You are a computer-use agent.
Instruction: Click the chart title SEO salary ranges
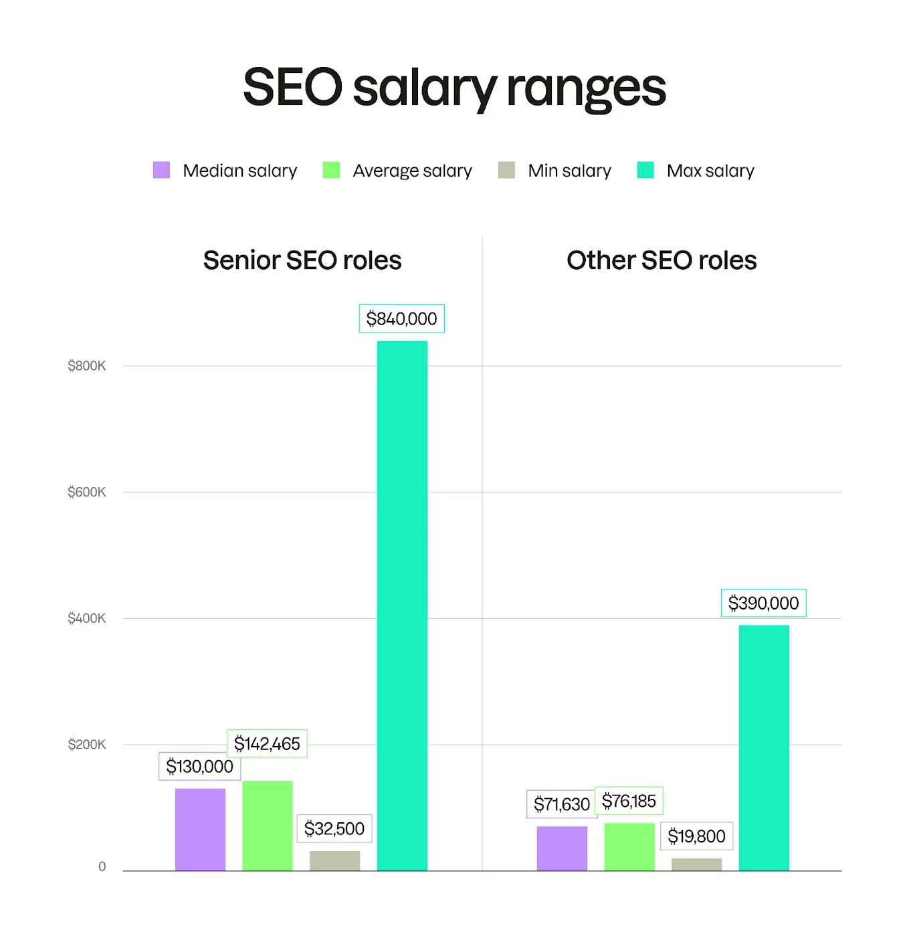[x=454, y=88]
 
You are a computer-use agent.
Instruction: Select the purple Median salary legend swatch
[x=161, y=170]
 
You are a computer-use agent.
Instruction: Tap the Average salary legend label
[x=412, y=171]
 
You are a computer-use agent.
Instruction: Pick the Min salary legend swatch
[x=506, y=170]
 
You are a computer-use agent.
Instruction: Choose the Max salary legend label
[x=710, y=171]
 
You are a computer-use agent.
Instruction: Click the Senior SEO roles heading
[x=302, y=260]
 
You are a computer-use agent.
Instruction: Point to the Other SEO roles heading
[x=662, y=260]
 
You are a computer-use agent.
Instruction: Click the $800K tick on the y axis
[x=87, y=366]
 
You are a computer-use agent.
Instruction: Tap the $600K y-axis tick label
[x=87, y=492]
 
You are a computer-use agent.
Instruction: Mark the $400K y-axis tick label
[x=87, y=618]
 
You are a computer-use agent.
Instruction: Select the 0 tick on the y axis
[x=102, y=867]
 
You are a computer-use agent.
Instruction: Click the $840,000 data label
[x=401, y=318]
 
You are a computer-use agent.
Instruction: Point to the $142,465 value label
[x=267, y=743]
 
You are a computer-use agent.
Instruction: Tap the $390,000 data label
[x=763, y=603]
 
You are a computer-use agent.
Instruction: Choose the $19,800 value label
[x=696, y=836]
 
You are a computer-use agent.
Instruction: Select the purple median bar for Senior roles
[x=200, y=830]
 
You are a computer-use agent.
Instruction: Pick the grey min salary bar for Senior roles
[x=334, y=860]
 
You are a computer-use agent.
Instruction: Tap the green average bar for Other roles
[x=629, y=847]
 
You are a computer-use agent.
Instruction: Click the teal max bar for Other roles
[x=764, y=748]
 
